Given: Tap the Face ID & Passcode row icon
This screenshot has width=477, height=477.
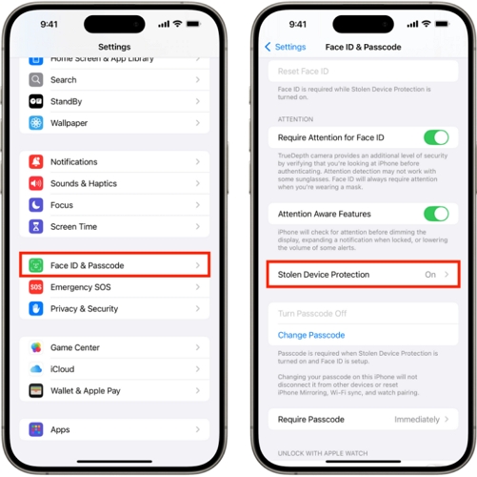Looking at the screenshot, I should tap(36, 265).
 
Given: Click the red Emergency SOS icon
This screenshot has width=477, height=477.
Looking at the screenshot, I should tap(36, 287).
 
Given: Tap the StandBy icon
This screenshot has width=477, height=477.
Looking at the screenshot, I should tap(36, 101).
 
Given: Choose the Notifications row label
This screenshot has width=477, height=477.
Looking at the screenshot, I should tap(74, 162).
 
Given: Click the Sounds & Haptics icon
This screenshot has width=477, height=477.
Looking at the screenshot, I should tap(36, 183).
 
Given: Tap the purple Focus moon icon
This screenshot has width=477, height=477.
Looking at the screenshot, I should tap(36, 205).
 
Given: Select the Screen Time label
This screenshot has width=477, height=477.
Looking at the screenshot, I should tap(74, 227).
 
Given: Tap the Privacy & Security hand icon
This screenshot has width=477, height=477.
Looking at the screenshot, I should tap(36, 309).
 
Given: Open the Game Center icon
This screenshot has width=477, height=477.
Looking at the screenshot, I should tap(36, 348).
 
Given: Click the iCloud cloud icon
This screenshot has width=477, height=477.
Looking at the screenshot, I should tap(36, 369).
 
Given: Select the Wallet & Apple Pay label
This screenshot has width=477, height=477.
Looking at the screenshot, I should tap(86, 391).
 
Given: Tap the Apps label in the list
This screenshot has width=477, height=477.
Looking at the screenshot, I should tap(61, 430).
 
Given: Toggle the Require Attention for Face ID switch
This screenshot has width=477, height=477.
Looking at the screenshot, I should tap(435, 138).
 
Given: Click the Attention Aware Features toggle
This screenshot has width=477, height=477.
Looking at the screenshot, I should tap(435, 214).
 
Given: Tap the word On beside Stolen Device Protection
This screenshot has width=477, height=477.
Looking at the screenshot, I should tap(430, 275).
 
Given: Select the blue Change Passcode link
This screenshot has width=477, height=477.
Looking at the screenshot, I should tap(311, 335).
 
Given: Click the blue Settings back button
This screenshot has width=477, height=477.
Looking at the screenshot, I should tap(286, 47).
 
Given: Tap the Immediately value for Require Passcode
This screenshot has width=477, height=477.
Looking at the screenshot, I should tap(417, 419).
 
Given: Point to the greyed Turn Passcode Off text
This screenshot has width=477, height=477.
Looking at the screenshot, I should tap(313, 314).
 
